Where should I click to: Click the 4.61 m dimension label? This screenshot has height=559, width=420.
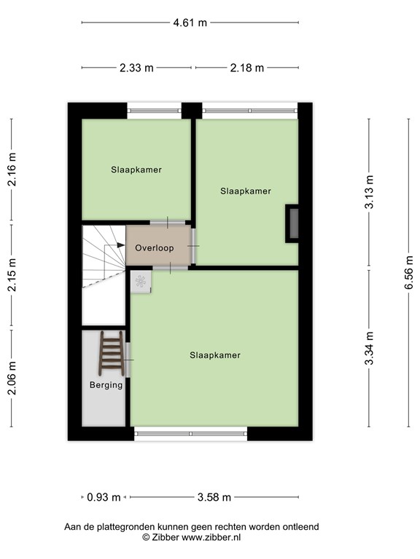click(x=190, y=23)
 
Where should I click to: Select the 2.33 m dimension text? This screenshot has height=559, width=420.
click(x=136, y=68)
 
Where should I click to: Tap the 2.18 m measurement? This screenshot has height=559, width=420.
click(x=246, y=68)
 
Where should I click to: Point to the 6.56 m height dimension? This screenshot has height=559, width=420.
click(x=409, y=273)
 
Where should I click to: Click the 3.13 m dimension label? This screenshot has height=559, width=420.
click(x=369, y=192)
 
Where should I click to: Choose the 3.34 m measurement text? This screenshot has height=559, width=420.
click(x=369, y=349)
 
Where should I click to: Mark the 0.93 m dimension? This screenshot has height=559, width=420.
click(x=104, y=497)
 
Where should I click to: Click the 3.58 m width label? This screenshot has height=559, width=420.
click(x=214, y=497)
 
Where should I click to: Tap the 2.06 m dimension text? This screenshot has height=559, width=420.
click(x=12, y=378)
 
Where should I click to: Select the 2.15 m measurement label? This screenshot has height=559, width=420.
click(x=12, y=274)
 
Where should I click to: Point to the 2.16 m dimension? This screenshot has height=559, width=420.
click(x=12, y=170)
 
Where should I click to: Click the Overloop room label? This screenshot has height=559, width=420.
click(x=155, y=247)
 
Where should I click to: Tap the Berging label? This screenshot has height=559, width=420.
click(x=106, y=385)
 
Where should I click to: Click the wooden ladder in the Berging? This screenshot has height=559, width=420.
click(x=112, y=353)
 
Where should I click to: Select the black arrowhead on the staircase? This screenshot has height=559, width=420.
click(x=121, y=245)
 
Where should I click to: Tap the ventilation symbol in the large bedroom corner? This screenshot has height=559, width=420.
click(x=141, y=282)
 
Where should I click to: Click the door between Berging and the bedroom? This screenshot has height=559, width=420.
click(x=128, y=360)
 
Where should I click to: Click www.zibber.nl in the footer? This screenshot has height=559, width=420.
click(x=211, y=537)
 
